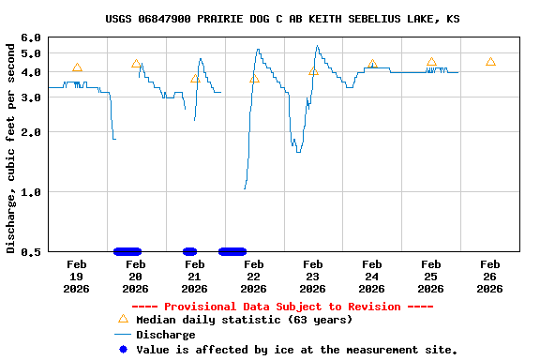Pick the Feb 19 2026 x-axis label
pos(77,276)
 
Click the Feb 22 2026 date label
pos(253,276)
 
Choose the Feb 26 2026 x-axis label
pos(489,276)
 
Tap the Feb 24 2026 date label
pos(371,276)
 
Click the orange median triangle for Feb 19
pos(77,67)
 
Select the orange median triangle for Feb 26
pos(490,62)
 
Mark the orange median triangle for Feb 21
pos(195,79)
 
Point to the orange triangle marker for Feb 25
pos(431,62)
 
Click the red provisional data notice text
pos(282,307)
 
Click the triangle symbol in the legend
pos(122,319)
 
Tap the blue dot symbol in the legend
pos(122,350)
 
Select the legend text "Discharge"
pos(166,335)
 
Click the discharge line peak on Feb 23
pos(317,45)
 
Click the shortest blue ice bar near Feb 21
pos(189,251)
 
